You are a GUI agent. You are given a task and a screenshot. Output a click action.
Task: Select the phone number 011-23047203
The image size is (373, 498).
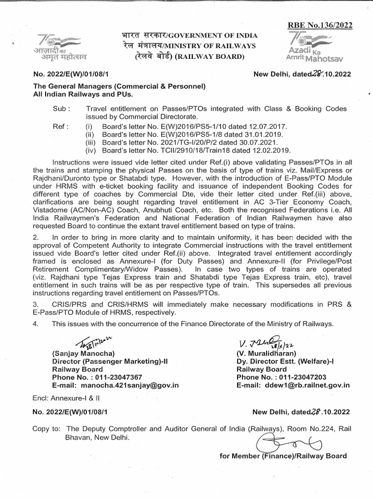pyautogui.click(x=305, y=376)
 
